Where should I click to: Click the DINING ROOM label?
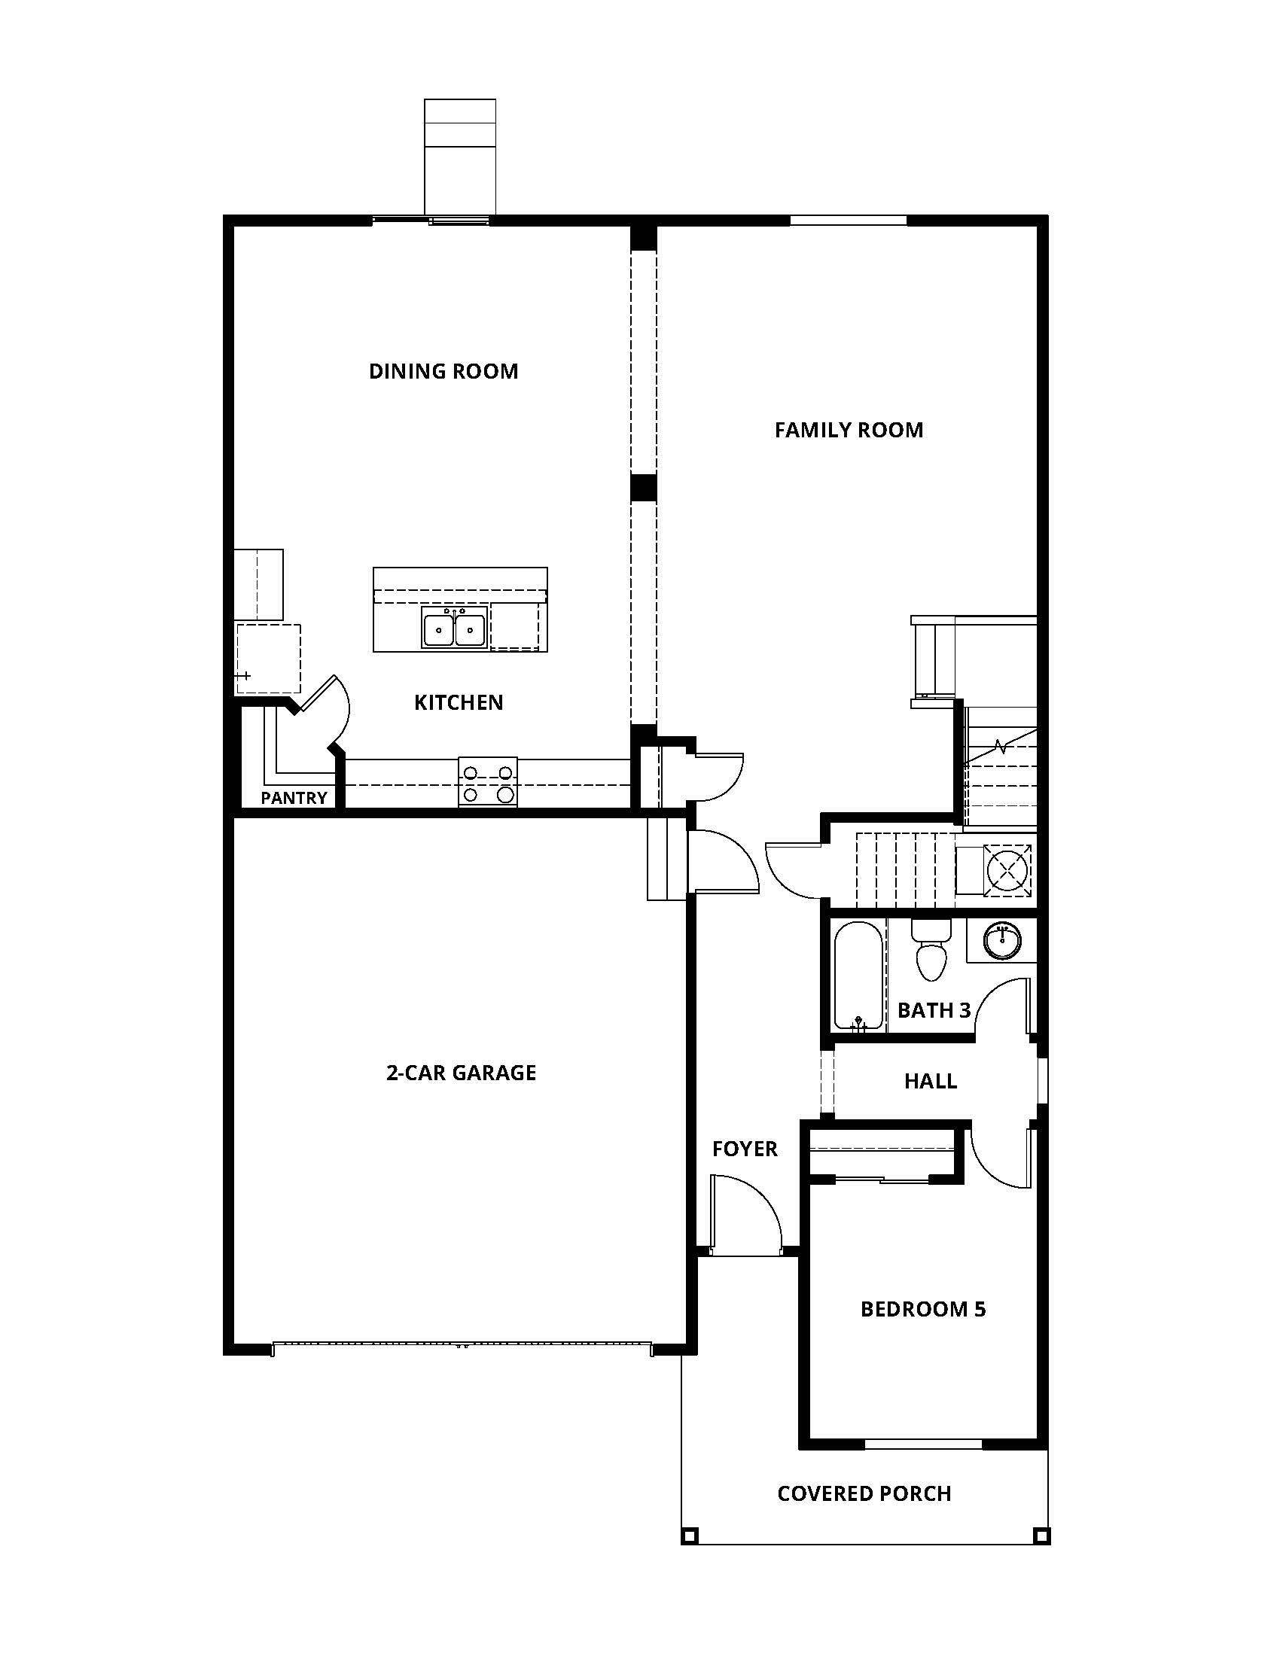coord(443,372)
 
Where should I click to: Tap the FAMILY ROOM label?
coord(849,431)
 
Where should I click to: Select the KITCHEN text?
coord(458,703)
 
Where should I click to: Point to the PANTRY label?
coord(294,798)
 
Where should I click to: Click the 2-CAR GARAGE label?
coord(461,1073)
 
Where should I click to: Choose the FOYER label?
coord(745,1149)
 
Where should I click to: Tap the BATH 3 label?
coord(934,1011)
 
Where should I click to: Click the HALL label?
coord(931,1081)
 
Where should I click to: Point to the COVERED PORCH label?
coord(864,1493)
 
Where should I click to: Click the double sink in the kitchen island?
coord(454,630)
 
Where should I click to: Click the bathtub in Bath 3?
coord(858,975)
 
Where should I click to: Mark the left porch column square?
coord(688,1536)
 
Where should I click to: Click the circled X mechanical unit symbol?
coord(1007,869)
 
